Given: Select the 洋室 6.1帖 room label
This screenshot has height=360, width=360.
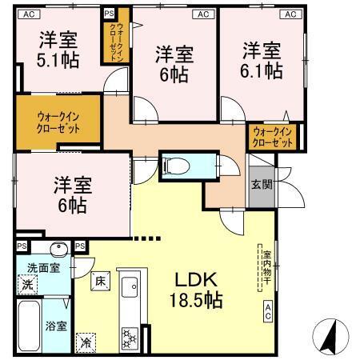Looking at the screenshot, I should (262, 61).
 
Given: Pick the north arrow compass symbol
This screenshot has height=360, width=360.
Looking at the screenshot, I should (330, 336).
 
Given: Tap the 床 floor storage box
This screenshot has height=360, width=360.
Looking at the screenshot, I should (100, 282).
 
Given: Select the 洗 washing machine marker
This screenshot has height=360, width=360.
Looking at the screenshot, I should (27, 284).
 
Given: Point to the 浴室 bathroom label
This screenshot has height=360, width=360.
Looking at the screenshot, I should (55, 327).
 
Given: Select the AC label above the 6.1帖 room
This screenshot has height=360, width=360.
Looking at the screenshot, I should (287, 14).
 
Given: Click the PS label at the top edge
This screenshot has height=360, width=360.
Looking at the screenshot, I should (109, 14).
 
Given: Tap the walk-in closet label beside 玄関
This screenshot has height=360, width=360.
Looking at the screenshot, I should (271, 137).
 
